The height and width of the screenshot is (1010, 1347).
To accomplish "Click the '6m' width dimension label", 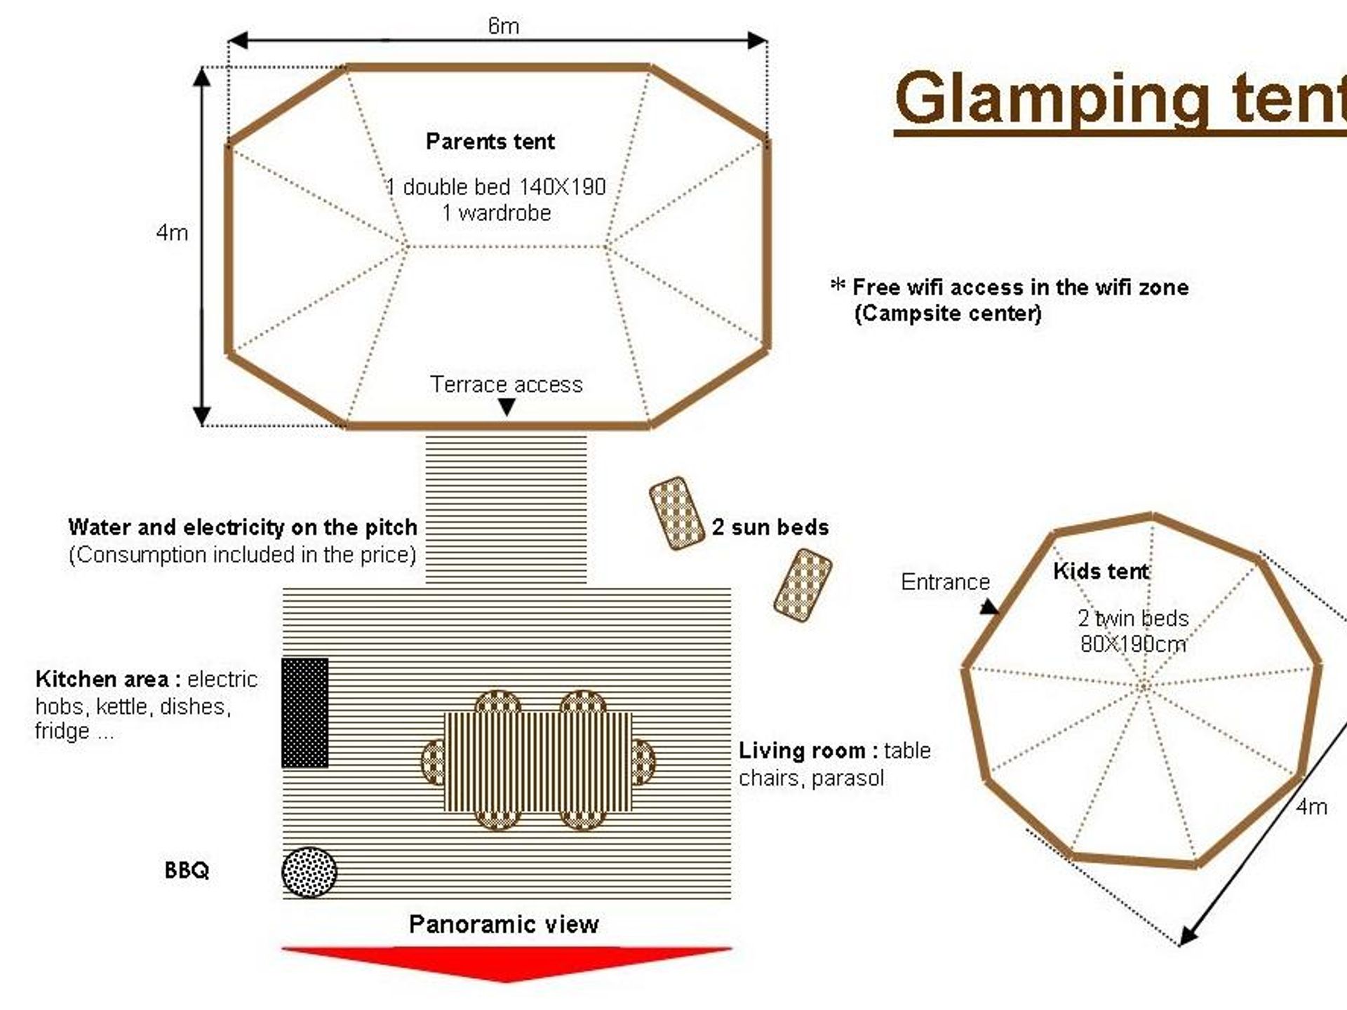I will coord(503,26).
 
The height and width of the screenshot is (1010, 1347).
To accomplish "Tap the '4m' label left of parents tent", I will coord(172,232).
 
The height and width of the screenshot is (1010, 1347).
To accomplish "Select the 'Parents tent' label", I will coord(490,142).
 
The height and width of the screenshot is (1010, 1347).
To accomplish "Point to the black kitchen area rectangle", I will coord(305,713).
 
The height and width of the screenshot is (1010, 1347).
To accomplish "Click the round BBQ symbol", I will coord(309,872).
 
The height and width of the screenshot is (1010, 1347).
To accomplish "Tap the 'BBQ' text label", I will coord(187,870).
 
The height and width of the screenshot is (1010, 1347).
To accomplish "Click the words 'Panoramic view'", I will coord(504,924).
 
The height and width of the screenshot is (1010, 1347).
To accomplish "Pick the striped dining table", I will coord(539,762).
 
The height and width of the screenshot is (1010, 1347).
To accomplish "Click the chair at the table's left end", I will coord(433,762).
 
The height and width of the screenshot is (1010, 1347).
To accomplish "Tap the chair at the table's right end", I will coord(643,762).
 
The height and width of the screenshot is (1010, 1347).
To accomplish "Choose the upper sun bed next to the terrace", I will coord(676,513).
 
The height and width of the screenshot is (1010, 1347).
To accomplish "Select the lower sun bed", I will coord(803,586).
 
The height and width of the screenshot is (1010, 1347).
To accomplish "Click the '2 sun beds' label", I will coord(770,527).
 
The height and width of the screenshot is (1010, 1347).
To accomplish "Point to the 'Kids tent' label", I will coord(1101,571).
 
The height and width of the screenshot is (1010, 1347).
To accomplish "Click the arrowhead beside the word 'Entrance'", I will coord(989,607).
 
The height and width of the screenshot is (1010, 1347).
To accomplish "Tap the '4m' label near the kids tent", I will coord(1311,807).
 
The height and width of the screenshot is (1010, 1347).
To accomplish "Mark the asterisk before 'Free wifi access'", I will coord(838,285).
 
